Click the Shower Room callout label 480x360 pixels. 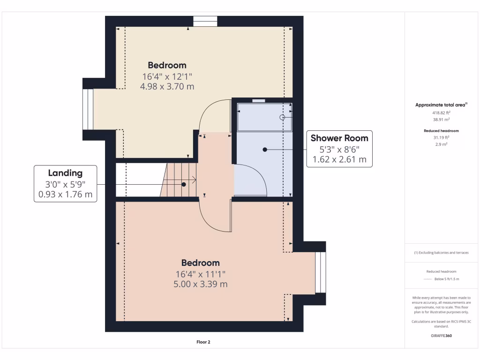[x=339, y=138]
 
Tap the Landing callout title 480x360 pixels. [x=65, y=173]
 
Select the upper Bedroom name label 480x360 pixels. [x=167, y=65]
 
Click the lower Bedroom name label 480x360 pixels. [x=200, y=262]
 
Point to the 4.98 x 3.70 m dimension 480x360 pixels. [x=167, y=86]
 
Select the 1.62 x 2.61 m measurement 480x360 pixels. [x=339, y=160]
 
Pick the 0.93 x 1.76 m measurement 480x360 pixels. [x=65, y=194]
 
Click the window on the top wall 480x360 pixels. [x=205, y=22]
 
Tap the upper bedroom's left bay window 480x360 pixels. [x=88, y=109]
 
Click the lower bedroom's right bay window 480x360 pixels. [x=320, y=272]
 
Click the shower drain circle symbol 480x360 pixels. [x=282, y=117]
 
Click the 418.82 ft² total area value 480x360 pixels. [x=441, y=113]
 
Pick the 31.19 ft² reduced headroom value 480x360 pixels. [x=441, y=137]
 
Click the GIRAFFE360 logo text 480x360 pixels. [x=441, y=336]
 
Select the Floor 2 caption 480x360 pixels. [x=203, y=342]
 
